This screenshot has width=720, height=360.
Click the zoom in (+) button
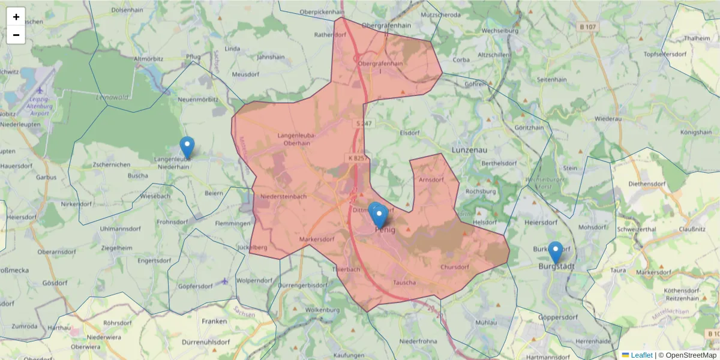(16, 17)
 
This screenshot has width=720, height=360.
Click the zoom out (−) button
(16, 35)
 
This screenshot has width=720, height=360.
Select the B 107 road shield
(589, 27)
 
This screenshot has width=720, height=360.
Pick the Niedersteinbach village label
(284, 196)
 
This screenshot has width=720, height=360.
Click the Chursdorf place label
(454, 267)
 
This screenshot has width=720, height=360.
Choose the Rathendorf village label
(331, 35)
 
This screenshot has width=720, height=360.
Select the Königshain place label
(695, 132)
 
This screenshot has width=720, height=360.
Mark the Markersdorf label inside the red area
(317, 239)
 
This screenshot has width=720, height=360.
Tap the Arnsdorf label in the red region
(431, 179)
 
